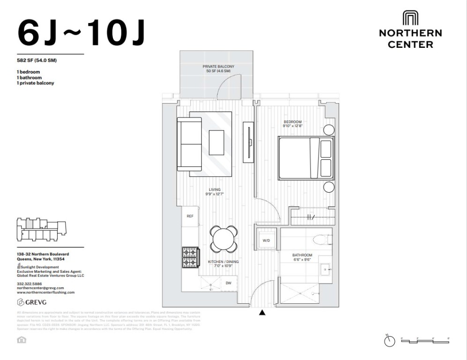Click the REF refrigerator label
click(x=190, y=216)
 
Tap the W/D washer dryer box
click(x=266, y=240)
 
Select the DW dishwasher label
click(x=228, y=283)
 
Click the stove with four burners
click(x=190, y=257)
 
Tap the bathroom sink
click(x=325, y=269)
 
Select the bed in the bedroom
click(x=306, y=158)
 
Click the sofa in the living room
click(x=189, y=144)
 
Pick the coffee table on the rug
click(x=216, y=142)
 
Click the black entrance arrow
click(x=262, y=313)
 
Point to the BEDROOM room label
click(x=293, y=123)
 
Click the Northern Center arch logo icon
click(x=410, y=18)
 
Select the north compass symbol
click(x=389, y=341)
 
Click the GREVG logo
click(x=32, y=301)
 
